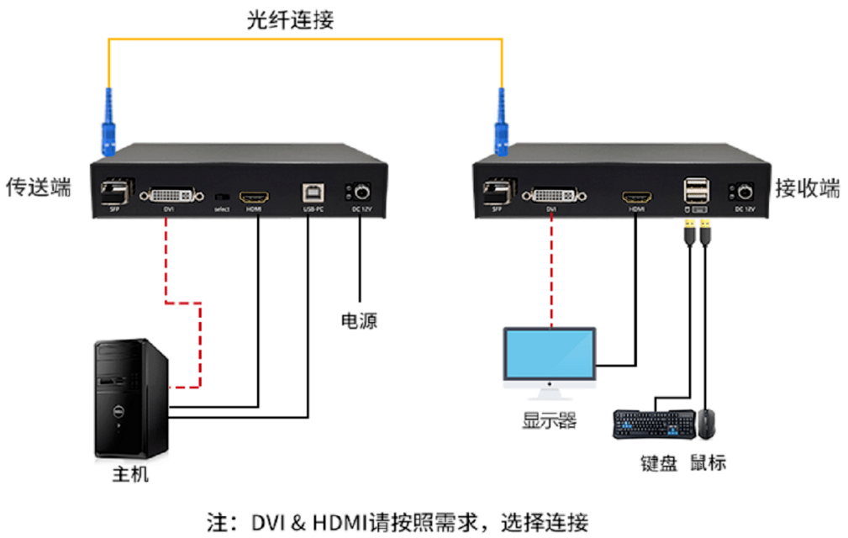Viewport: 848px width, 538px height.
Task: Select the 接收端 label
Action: click(807, 189)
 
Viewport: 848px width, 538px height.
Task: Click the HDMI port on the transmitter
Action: click(254, 196)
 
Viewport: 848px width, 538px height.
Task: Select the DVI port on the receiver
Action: click(552, 195)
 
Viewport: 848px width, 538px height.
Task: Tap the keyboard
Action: click(654, 424)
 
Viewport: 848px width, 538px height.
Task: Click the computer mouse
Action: click(707, 423)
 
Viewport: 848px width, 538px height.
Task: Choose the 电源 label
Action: click(359, 320)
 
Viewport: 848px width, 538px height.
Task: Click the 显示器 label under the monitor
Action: click(550, 421)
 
